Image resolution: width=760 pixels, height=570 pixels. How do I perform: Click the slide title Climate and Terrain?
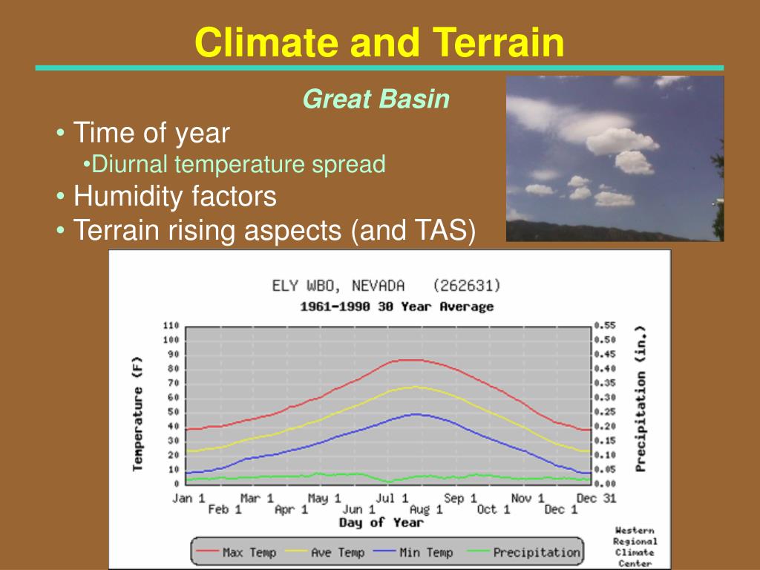pos(379,42)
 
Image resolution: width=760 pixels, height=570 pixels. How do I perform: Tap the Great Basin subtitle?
pos(376,99)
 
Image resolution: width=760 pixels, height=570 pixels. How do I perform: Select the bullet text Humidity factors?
pos(175,196)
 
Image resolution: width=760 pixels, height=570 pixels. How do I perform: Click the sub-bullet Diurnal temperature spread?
pos(238,164)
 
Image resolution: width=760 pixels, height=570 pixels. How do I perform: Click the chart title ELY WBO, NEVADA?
pos(338,286)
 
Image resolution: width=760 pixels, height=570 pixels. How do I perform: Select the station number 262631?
pos(467,286)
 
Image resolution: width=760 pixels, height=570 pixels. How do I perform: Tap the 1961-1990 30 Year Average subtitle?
pos(396,307)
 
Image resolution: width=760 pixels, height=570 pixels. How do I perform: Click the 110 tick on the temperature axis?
pos(171,326)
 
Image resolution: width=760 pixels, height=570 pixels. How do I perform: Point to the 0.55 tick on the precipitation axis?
pos(605,326)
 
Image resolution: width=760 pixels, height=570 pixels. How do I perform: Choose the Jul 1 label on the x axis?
pos(392,498)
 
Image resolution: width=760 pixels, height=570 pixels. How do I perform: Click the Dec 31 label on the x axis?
pos(596,498)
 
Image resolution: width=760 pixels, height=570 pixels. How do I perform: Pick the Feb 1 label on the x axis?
pos(225,510)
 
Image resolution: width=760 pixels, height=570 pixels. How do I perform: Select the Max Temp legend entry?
pos(236,552)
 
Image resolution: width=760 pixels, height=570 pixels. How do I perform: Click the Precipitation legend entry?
pos(523,552)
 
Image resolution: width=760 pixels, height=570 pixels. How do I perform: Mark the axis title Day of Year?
pos(381,523)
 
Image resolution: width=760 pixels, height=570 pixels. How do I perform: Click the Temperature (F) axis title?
pos(138,414)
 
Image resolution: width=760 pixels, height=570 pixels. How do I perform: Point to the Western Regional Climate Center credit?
pos(635,547)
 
